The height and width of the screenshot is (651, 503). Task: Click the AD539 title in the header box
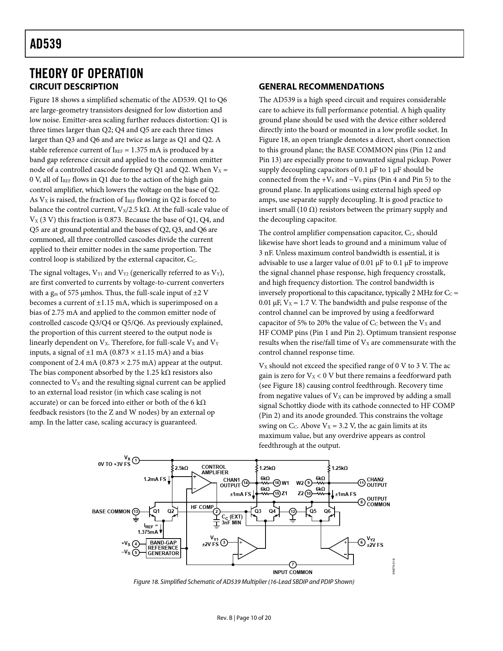[x=46, y=44]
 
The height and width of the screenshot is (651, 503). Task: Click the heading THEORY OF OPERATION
[x=86, y=73]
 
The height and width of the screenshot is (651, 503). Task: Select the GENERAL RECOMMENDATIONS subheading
[x=321, y=87]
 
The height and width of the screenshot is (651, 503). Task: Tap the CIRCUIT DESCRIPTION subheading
[x=74, y=87]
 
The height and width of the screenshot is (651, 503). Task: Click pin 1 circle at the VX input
[x=136, y=460]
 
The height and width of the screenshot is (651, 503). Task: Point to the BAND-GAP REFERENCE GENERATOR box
[x=163, y=548]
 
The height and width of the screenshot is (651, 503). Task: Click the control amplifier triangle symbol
[x=201, y=482]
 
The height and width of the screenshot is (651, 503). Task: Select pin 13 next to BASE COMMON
[x=135, y=511]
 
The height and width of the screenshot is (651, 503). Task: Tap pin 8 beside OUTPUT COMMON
[x=361, y=502]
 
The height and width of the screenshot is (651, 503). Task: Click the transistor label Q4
[x=272, y=511]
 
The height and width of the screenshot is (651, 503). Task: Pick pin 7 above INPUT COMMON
[x=293, y=564]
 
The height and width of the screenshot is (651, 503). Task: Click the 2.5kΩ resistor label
[x=181, y=468]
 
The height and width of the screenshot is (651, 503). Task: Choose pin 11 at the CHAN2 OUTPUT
[x=361, y=483]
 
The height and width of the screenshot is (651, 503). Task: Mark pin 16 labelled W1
[x=277, y=483]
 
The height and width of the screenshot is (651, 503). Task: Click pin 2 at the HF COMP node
[x=216, y=512]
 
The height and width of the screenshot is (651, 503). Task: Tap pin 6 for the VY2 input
[x=361, y=542]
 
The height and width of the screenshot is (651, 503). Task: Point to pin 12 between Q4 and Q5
[x=293, y=512]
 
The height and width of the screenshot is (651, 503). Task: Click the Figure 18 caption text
[x=244, y=582]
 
